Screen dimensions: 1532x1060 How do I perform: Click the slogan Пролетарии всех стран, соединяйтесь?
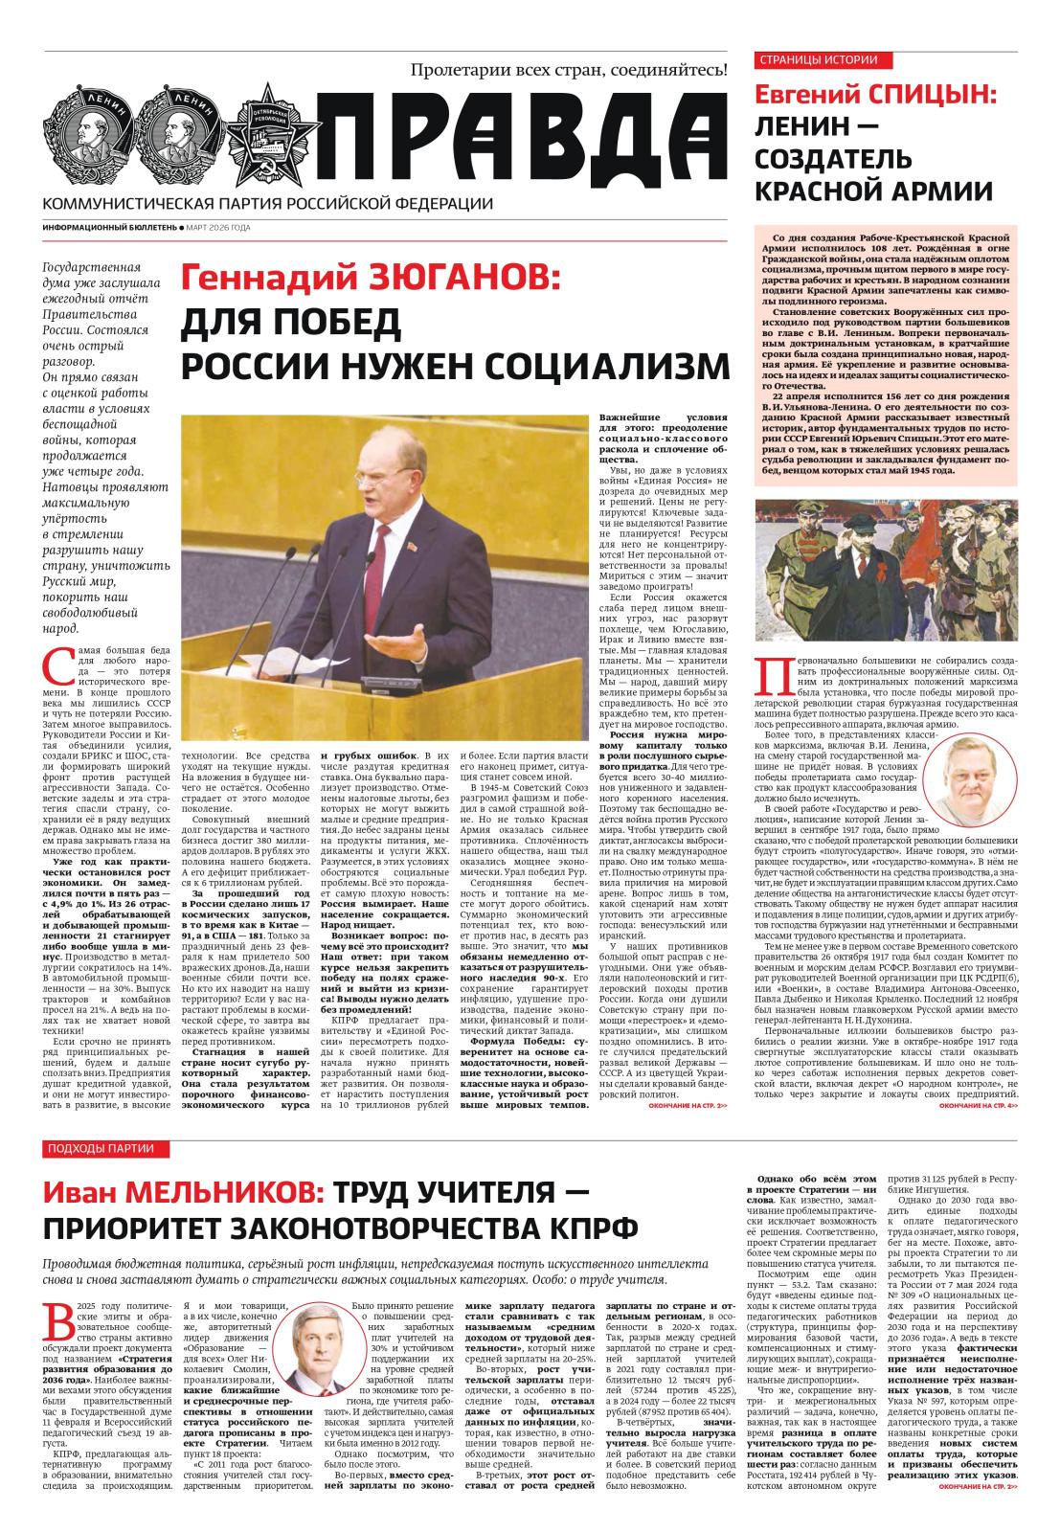[569, 69]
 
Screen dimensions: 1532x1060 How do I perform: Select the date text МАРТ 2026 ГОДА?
[218, 228]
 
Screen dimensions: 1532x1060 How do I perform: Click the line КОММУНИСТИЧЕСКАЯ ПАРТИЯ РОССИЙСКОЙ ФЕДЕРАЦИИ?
[268, 203]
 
